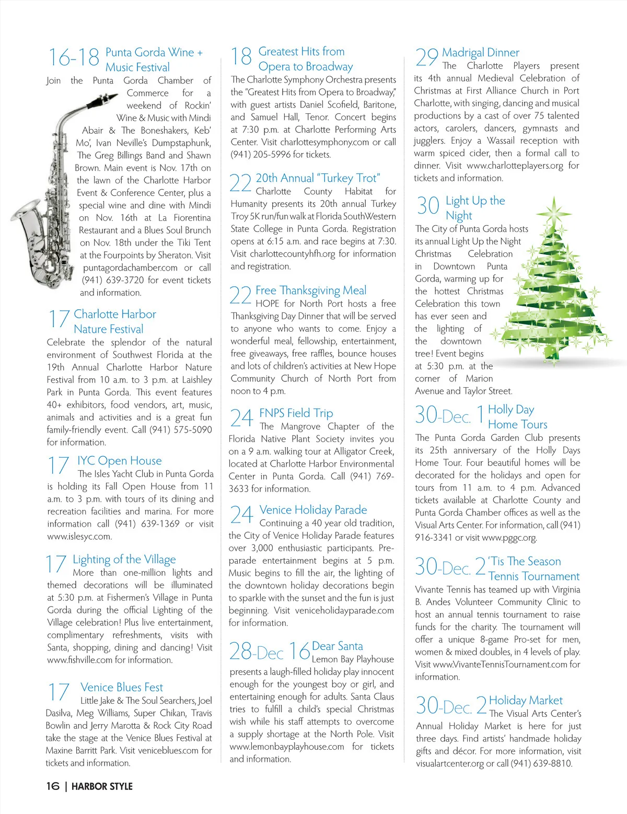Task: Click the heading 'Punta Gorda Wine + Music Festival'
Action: [x=154, y=60]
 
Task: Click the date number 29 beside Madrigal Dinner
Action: [x=426, y=57]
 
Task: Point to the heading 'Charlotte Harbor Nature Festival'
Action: [x=115, y=321]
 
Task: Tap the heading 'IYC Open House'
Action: [x=119, y=461]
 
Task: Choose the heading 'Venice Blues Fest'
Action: [x=122, y=688]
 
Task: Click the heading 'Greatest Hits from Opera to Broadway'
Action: [x=305, y=59]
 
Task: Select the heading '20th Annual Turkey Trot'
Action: [x=318, y=178]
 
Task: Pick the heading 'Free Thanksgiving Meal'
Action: [x=311, y=290]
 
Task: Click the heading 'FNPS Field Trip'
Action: [x=296, y=413]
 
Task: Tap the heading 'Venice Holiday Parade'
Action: [x=313, y=510]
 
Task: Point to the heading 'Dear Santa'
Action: [x=337, y=646]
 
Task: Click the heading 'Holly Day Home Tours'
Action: [x=517, y=417]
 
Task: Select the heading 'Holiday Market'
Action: [x=526, y=701]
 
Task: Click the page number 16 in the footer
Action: [x=53, y=786]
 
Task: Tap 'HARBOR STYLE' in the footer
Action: [x=102, y=786]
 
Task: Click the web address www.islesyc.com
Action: [x=79, y=537]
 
